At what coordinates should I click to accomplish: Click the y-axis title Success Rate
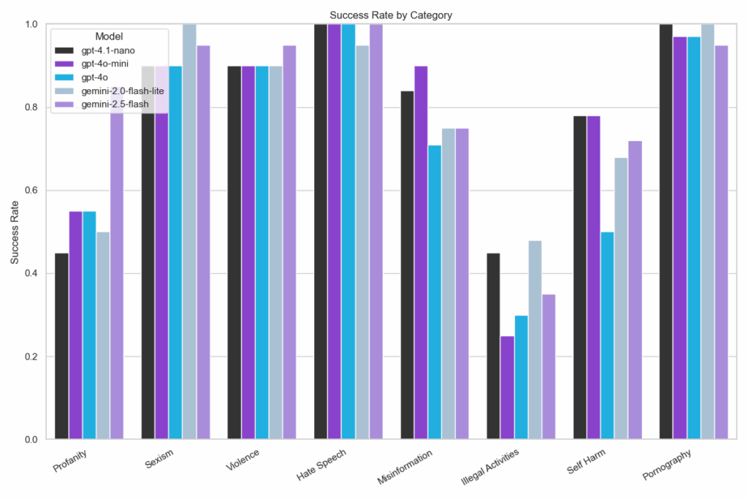[15, 232]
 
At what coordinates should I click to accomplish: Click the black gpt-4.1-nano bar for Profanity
[61, 346]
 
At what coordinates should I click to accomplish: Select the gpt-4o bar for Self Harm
[607, 335]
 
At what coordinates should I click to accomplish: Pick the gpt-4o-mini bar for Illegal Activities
[508, 387]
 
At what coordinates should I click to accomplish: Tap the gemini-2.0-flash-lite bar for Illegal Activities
[535, 340]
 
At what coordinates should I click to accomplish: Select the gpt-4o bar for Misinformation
[435, 292]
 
